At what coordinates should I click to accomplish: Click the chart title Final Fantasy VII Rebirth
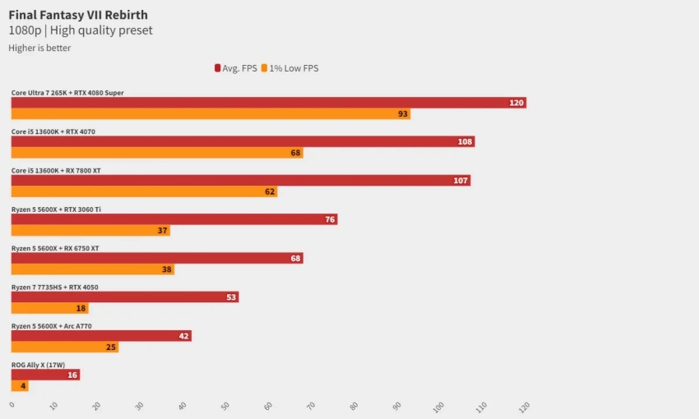pyautogui.click(x=78, y=15)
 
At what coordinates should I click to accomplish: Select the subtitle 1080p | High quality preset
pyautogui.click(x=81, y=30)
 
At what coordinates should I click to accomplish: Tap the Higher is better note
pyautogui.click(x=39, y=48)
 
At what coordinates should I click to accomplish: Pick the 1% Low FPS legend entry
pyautogui.click(x=289, y=68)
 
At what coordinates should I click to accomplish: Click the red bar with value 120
pyautogui.click(x=268, y=103)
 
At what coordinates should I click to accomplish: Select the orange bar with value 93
pyautogui.click(x=211, y=114)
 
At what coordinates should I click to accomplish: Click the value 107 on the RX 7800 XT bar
pyautogui.click(x=461, y=181)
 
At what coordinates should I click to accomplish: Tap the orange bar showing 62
pyautogui.click(x=144, y=191)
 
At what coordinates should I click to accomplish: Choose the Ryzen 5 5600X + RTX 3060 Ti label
pyautogui.click(x=56, y=209)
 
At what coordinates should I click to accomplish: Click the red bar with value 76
pyautogui.click(x=174, y=219)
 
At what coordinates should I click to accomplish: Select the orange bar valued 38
pyautogui.click(x=92, y=269)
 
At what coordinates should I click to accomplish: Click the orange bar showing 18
pyautogui.click(x=49, y=308)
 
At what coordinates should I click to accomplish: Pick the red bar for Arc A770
pyautogui.click(x=100, y=336)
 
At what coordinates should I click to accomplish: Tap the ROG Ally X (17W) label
pyautogui.click(x=38, y=365)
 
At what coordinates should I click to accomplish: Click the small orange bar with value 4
pyautogui.click(x=19, y=386)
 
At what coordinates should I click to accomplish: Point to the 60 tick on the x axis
pyautogui.click(x=266, y=406)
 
